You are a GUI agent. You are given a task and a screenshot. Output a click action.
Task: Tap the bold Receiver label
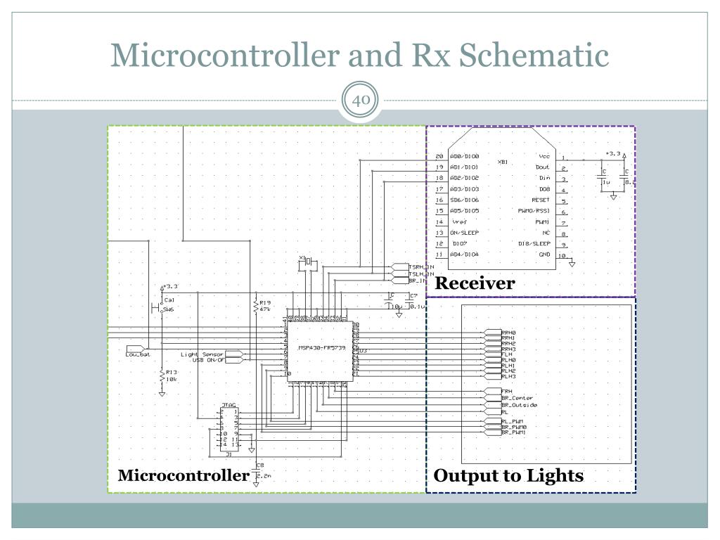[x=475, y=283]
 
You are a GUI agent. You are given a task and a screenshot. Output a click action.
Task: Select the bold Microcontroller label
[x=183, y=475]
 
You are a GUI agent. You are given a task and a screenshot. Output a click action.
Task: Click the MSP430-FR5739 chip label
[x=321, y=347]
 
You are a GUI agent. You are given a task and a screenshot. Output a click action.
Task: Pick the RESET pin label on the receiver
[x=540, y=200]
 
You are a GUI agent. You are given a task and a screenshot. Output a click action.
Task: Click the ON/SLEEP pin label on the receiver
[x=464, y=232]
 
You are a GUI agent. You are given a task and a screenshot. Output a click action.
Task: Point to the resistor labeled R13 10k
[x=162, y=376]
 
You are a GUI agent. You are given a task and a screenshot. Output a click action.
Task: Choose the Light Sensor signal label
[x=202, y=354]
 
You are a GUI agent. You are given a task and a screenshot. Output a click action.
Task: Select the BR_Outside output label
[x=519, y=405]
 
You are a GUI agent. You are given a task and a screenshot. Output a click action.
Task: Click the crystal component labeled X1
[x=308, y=264]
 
